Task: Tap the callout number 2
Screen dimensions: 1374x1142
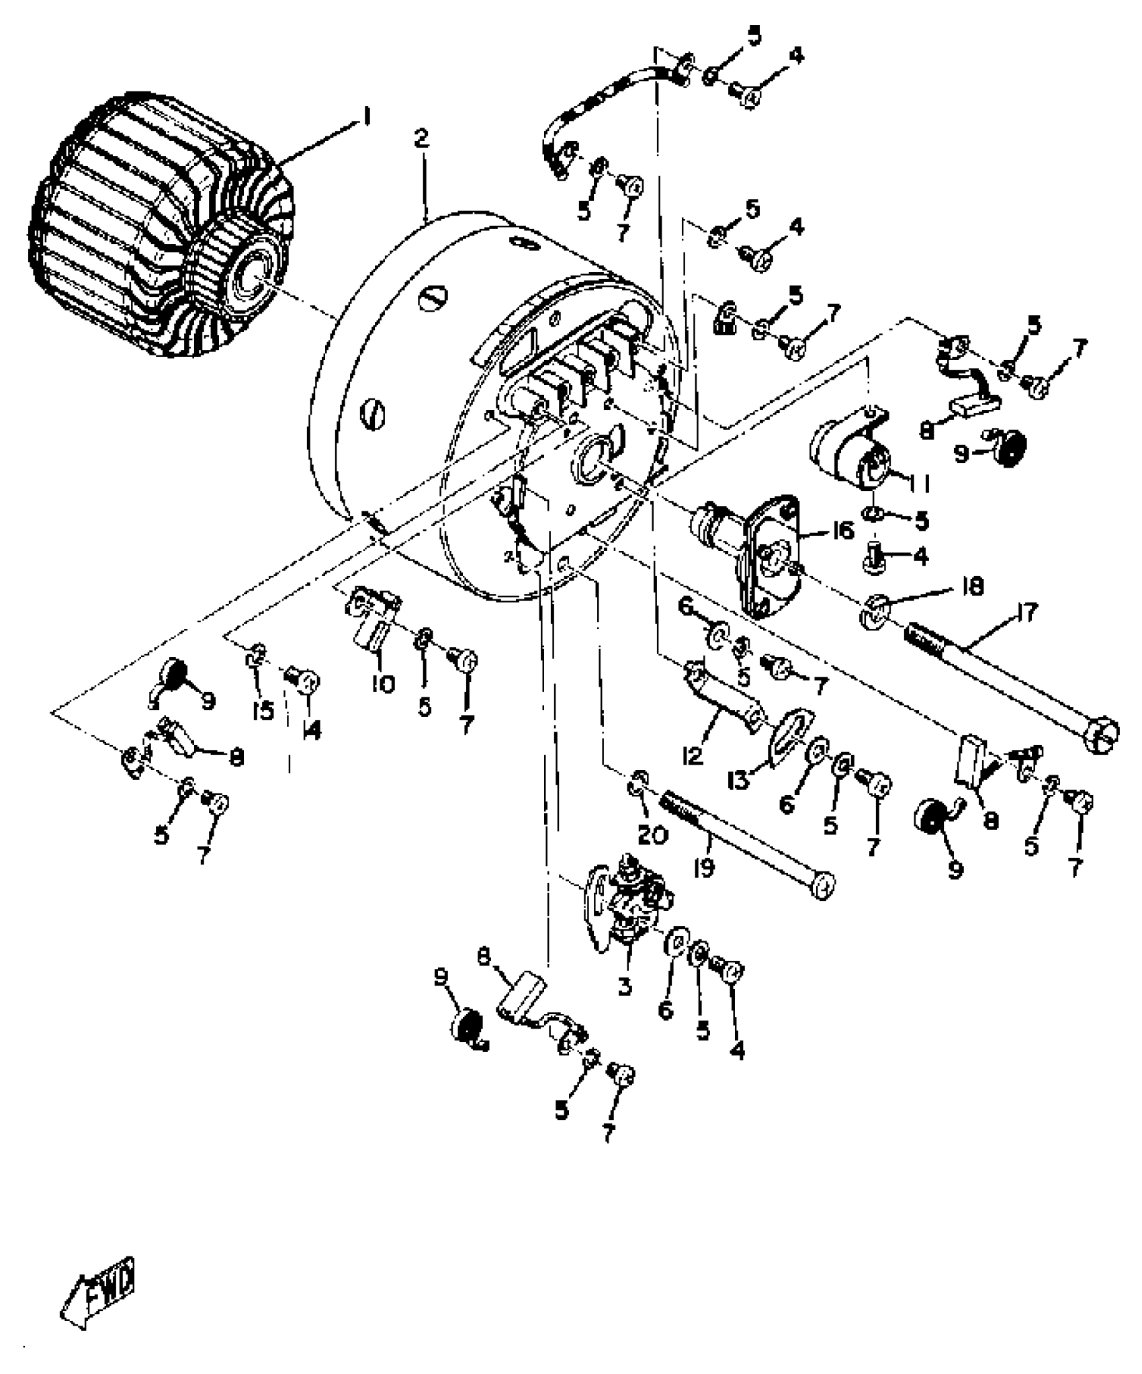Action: pyautogui.click(x=421, y=140)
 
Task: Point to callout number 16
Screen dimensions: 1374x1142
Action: pyautogui.click(x=842, y=530)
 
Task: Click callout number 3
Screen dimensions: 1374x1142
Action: pyautogui.click(x=625, y=986)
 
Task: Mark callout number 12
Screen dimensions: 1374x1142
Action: pyautogui.click(x=693, y=755)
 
